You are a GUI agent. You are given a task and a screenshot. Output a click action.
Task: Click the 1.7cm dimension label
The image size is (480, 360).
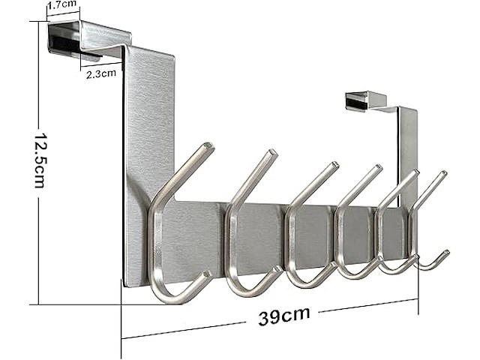(63, 6)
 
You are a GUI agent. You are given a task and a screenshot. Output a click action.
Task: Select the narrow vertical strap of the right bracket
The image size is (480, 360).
(407, 150)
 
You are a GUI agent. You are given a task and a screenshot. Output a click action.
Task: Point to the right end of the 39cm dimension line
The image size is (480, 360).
(416, 301)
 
